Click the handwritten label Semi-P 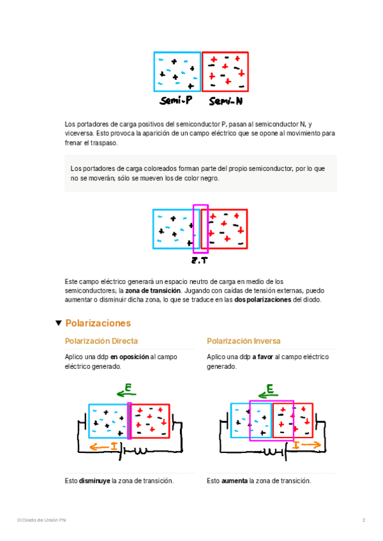pos(176,101)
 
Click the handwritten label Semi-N pos(225,101)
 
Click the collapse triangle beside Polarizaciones pos(59,323)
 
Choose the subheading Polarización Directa pos(101,341)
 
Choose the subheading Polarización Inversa pos(244,341)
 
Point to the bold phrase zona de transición pos(147,290)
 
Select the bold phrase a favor pos(262,358)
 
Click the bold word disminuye pos(94,480)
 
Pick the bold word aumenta pos(234,480)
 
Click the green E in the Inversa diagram pos(270,389)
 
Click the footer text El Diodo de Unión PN pos(41,521)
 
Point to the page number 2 pos(363,521)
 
